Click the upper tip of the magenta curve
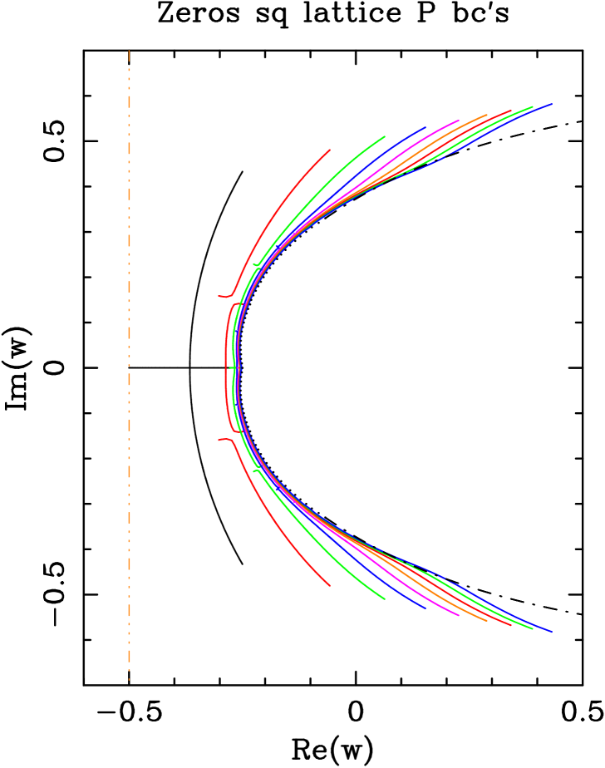point(459,121)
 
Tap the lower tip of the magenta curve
point(459,616)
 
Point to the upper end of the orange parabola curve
point(487,116)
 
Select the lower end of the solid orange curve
point(487,621)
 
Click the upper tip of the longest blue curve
point(553,104)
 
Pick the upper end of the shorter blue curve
point(426,127)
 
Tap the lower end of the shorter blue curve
point(426,608)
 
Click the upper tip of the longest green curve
point(533,106)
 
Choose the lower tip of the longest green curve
point(533,629)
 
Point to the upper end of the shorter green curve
point(385,136)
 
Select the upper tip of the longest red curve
point(511,111)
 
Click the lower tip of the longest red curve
point(511,625)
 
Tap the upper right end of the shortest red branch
point(330,150)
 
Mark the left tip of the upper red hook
point(219,296)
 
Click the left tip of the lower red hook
point(219,440)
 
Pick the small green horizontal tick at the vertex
point(233,367)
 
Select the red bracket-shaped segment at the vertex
point(227,367)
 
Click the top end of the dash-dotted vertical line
point(129,51)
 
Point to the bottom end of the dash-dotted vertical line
point(129,680)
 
